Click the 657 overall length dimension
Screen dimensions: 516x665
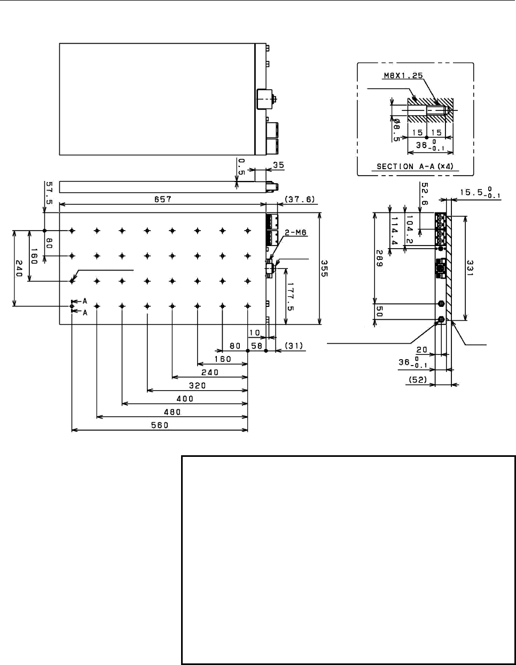(162, 199)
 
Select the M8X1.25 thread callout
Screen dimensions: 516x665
(403, 75)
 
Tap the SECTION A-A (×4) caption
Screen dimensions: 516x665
(415, 167)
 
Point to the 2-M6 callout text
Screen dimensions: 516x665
(295, 233)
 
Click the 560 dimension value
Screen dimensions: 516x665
(160, 425)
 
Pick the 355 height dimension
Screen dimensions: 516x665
(324, 268)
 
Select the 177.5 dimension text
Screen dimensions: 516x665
(290, 297)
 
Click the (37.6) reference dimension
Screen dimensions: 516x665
(300, 200)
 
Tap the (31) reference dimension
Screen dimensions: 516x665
(294, 345)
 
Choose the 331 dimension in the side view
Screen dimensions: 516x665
(470, 268)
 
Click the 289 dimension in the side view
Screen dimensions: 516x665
(380, 258)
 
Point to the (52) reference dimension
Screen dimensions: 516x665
(418, 380)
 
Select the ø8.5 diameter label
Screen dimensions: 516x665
(396, 130)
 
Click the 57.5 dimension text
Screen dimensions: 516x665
(49, 193)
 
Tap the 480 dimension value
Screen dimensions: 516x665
(172, 412)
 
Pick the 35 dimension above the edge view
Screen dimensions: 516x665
(279, 165)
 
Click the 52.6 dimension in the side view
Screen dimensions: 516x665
(425, 194)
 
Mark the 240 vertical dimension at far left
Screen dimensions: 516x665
(19, 268)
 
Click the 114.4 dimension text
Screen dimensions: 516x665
(394, 231)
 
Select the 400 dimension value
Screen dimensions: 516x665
(185, 399)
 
